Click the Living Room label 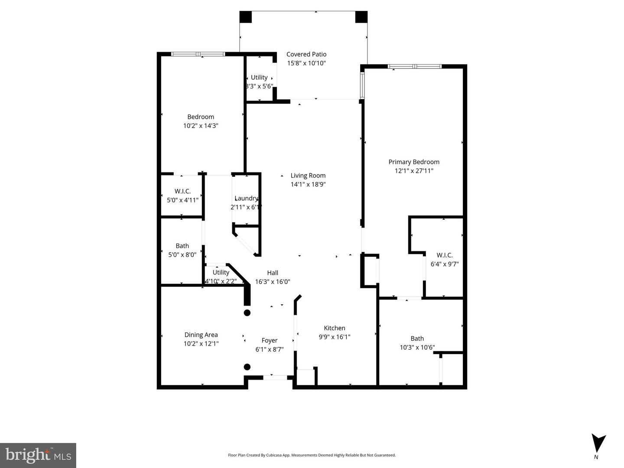pyautogui.click(x=308, y=175)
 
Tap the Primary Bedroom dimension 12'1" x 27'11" pyautogui.click(x=414, y=171)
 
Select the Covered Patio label pyautogui.click(x=306, y=54)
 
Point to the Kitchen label pyautogui.click(x=335, y=328)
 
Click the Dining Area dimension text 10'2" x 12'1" pyautogui.click(x=201, y=344)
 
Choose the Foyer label pyautogui.click(x=270, y=341)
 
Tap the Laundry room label pyautogui.click(x=246, y=198)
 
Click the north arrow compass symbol pyautogui.click(x=599, y=443)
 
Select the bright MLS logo pyautogui.click(x=38, y=455)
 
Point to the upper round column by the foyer pyautogui.click(x=247, y=312)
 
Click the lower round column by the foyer pyautogui.click(x=247, y=367)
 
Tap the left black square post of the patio pyautogui.click(x=246, y=17)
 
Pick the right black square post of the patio pyautogui.click(x=361, y=17)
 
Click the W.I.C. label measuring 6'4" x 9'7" pyautogui.click(x=445, y=255)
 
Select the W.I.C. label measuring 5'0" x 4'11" pyautogui.click(x=182, y=191)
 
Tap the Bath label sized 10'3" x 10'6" pyautogui.click(x=417, y=338)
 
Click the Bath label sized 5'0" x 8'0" pyautogui.click(x=182, y=246)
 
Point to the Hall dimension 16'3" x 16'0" pyautogui.click(x=273, y=282)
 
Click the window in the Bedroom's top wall pyautogui.click(x=198, y=54)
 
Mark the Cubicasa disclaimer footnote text pyautogui.click(x=312, y=455)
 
